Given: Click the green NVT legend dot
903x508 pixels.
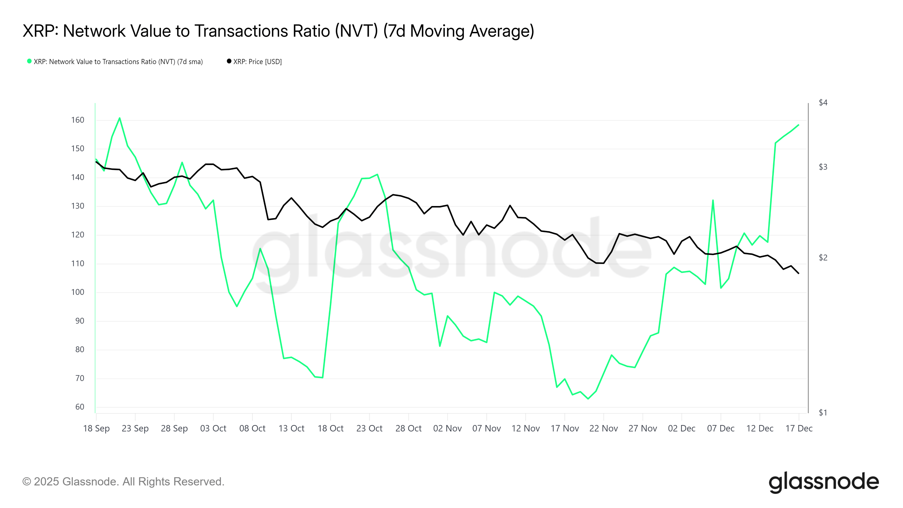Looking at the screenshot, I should [29, 61].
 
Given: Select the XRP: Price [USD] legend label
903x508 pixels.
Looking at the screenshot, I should [257, 62].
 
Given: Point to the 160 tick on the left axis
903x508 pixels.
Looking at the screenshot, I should [78, 120].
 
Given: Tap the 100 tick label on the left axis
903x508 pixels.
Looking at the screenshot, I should [78, 292].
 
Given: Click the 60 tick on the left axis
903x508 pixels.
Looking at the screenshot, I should [80, 407].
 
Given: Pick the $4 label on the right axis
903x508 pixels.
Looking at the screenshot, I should [823, 102].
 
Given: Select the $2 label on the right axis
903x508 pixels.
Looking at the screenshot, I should [823, 258].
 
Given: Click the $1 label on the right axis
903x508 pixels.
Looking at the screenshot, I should [823, 413].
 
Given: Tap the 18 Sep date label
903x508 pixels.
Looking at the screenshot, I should [97, 428].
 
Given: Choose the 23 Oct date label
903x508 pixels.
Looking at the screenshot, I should [369, 428].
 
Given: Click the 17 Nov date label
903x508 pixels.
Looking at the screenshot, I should [564, 428].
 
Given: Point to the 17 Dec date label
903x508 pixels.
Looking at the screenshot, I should [799, 428].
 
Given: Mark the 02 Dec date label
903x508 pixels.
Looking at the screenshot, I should [681, 428].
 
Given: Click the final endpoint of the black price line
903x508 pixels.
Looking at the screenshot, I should [799, 273].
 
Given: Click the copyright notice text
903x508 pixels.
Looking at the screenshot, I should [123, 481].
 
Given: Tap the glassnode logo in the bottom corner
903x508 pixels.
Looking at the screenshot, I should [823, 482].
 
